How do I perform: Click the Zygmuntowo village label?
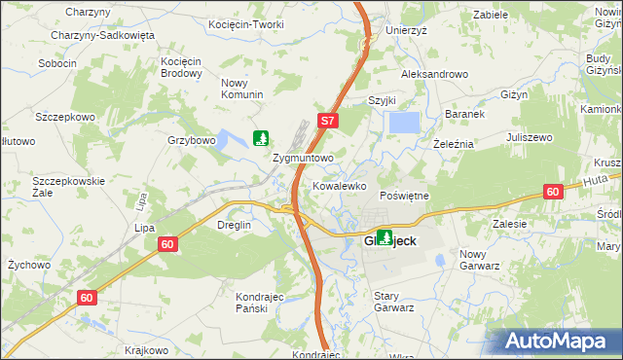point(304,157)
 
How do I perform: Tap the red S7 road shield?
point(328,122)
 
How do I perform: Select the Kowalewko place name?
point(339,185)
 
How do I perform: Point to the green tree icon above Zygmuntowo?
point(261,138)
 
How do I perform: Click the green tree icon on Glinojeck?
point(385,236)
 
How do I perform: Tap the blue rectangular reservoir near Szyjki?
point(404,124)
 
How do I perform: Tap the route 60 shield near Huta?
point(552,193)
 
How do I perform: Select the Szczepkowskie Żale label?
point(68,187)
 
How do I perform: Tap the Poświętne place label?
point(403,196)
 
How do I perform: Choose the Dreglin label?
point(234,225)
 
